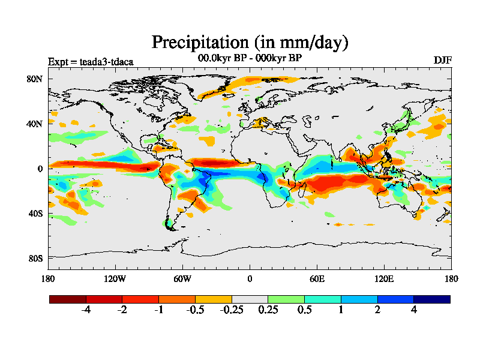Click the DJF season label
click(x=442, y=61)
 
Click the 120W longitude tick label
click(x=115, y=278)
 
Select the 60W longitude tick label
click(x=182, y=278)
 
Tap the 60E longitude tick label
click(x=317, y=278)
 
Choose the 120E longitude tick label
click(x=384, y=278)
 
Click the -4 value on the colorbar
click(x=86, y=310)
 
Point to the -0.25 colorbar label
click(x=232, y=310)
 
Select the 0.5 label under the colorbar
click(x=304, y=310)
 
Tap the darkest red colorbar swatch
click(x=68, y=299)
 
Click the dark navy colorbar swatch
click(x=431, y=299)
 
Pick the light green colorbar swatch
click(x=286, y=299)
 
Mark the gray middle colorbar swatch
click(x=250, y=299)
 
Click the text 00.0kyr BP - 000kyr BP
click(x=250, y=58)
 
